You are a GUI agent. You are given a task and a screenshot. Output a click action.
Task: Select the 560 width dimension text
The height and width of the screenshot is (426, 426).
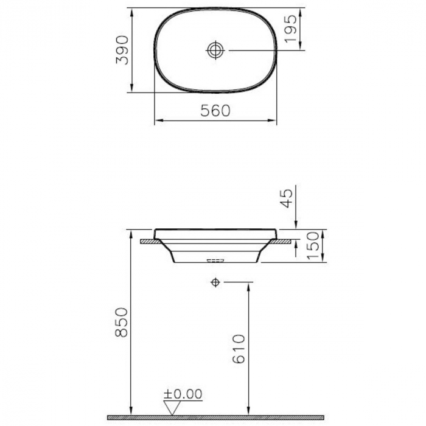coord(215,111)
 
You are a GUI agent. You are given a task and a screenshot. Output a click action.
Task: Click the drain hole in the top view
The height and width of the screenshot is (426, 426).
coord(215,50)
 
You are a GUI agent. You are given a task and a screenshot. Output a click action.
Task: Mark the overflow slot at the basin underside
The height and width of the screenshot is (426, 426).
coord(215,261)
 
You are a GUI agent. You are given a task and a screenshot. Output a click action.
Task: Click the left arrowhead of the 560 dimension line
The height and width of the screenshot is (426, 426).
coord(158,121)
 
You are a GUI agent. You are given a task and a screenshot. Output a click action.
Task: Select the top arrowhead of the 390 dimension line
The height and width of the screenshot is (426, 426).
coord(131,11)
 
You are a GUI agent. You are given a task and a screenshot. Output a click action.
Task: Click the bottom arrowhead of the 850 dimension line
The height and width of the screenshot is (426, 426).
coord(131,412)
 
